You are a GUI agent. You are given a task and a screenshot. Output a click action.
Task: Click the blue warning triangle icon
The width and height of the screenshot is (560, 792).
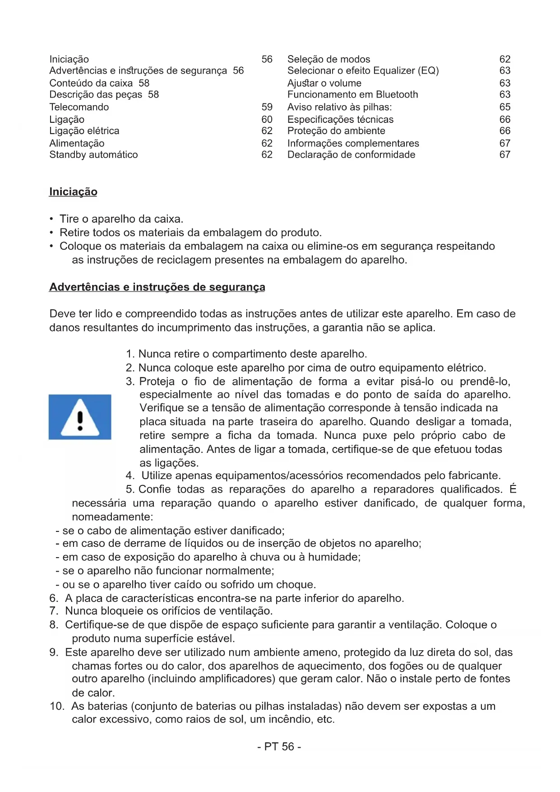80,417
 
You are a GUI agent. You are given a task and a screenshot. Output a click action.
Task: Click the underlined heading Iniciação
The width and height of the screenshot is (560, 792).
73,192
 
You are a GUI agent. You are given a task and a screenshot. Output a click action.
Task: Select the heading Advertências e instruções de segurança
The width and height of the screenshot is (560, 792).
157,287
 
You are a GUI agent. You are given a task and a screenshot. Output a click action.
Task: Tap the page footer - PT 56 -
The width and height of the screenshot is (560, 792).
279,747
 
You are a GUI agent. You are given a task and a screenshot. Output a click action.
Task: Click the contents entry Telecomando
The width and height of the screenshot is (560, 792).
79,107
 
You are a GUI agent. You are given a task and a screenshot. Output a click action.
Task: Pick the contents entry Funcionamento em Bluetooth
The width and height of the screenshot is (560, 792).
352,94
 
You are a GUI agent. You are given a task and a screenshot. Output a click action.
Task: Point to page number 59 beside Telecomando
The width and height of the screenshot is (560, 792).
267,107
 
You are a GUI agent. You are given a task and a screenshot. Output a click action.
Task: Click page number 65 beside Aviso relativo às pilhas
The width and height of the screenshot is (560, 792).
504,107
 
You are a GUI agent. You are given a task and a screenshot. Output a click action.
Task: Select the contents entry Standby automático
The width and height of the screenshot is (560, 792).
93,155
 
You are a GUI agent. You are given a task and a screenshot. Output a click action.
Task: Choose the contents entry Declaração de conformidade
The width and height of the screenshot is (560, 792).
351,155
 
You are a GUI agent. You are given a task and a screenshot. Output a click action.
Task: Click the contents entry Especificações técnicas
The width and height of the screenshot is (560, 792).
340,120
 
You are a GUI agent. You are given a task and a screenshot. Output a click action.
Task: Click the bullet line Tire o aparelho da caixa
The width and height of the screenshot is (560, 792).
121,219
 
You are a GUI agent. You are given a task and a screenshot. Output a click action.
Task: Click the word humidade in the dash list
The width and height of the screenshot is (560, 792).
334,557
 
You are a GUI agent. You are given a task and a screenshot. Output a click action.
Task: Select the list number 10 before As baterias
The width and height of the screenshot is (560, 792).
57,706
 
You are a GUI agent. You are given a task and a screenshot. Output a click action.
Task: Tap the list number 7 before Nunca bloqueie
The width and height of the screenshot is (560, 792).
53,611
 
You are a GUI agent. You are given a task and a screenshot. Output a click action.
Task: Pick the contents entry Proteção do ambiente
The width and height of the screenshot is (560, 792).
336,131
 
